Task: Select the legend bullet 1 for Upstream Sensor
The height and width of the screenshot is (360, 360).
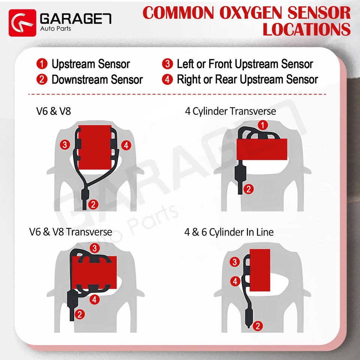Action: [x=42, y=64]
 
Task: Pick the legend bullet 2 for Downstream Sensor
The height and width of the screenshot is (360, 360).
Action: [x=42, y=79]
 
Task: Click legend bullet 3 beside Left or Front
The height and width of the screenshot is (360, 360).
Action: [x=167, y=64]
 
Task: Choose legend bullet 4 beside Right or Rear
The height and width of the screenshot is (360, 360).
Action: [x=167, y=79]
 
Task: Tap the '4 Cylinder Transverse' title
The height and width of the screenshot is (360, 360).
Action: [x=230, y=111]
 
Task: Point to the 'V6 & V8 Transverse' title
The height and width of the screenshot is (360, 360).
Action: [x=70, y=232]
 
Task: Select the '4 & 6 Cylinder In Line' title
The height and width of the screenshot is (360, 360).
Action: [x=229, y=232]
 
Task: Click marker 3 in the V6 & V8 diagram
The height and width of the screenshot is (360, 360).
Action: [x=66, y=144]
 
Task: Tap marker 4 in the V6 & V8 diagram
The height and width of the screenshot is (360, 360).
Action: [x=127, y=145]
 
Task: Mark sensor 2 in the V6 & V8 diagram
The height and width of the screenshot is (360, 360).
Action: [x=94, y=204]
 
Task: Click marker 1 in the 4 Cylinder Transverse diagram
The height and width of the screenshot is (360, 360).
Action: [x=264, y=125]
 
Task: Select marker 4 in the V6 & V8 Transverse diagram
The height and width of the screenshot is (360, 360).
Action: [x=94, y=299]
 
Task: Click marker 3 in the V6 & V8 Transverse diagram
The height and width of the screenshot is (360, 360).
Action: [x=95, y=248]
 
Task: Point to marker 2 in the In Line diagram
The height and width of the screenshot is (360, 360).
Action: [x=257, y=326]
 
